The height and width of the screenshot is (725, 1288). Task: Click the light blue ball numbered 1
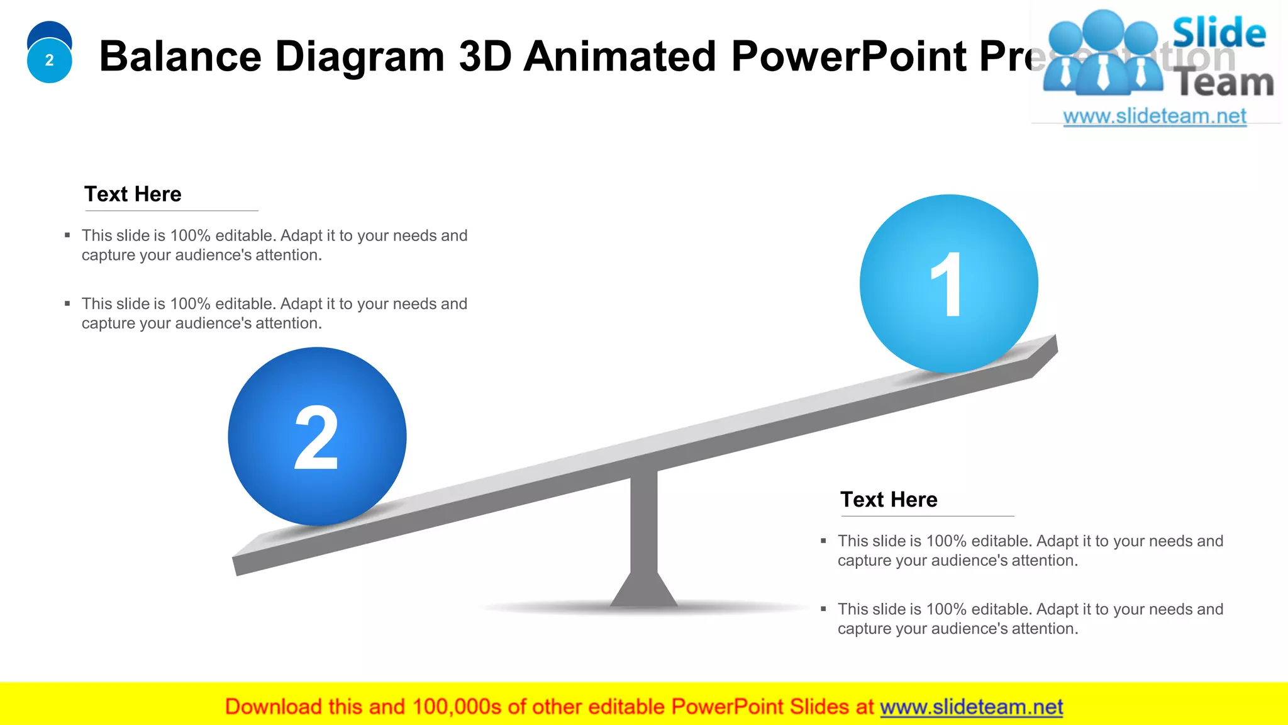click(948, 283)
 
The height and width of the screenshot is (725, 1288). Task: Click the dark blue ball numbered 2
click(317, 436)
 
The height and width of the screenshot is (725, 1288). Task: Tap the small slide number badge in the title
click(49, 60)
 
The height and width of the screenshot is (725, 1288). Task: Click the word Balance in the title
click(180, 57)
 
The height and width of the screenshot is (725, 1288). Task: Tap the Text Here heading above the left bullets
click(133, 194)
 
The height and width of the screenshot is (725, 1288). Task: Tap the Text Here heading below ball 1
click(889, 499)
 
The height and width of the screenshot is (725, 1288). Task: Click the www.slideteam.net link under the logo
click(1154, 116)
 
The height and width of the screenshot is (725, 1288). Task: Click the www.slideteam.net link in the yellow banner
click(971, 707)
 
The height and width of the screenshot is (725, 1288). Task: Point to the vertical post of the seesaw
click(644, 522)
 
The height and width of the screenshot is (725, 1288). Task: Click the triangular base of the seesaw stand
click(644, 592)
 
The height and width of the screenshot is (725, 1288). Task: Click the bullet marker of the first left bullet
click(67, 235)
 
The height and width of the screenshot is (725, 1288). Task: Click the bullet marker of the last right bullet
click(823, 609)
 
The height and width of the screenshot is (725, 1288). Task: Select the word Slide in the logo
click(1218, 33)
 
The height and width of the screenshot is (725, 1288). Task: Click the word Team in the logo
click(1224, 82)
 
